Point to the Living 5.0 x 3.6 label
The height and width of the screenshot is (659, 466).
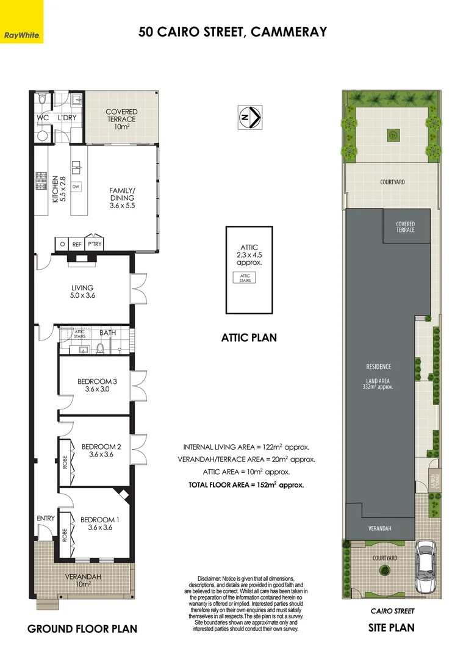(82, 291)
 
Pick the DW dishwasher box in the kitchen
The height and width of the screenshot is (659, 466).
(76, 186)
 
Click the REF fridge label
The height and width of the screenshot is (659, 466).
(77, 244)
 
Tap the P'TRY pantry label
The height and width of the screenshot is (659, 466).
(94, 244)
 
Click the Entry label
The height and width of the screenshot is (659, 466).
(45, 518)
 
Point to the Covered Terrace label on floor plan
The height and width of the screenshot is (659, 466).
(121, 119)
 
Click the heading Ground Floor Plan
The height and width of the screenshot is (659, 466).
(82, 629)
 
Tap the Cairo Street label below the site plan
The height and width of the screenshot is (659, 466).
(393, 611)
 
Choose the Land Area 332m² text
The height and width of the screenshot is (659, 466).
(378, 383)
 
